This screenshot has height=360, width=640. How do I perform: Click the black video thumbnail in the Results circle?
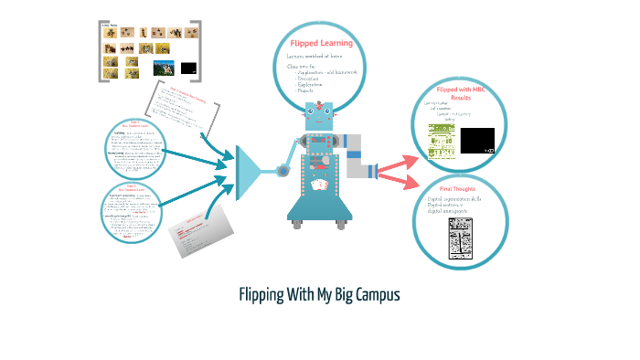point(478,141)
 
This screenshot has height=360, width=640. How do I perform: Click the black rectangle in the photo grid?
point(189,68)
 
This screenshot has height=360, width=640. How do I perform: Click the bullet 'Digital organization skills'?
point(460,200)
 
